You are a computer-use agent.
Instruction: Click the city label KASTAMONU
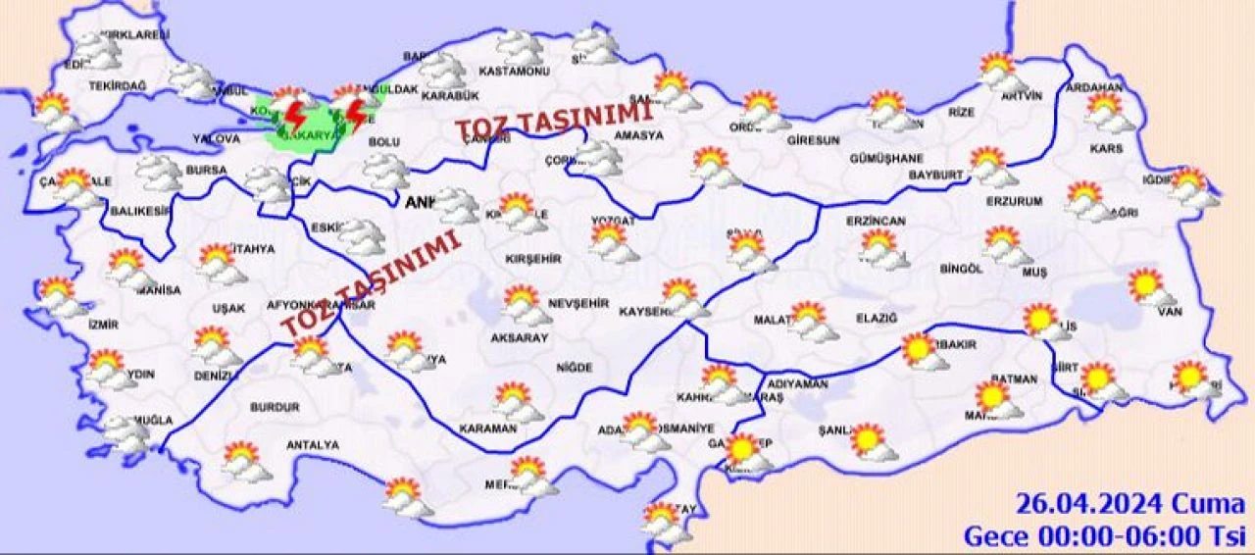pos(514,72)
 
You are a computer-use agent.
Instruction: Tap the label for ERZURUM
pos(1016,202)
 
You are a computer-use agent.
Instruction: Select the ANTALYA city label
pos(313,445)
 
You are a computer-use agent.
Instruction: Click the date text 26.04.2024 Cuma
pos(1129,506)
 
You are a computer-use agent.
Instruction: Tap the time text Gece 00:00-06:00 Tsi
pos(1104,536)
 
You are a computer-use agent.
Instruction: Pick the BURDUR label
pos(275,406)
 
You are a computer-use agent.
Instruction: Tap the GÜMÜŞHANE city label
pos(886,158)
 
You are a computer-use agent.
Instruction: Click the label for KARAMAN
pos(486,429)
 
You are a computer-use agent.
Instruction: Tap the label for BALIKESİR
pos(134,210)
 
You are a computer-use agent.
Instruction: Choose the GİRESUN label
pos(813,140)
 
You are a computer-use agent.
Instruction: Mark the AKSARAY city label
pos(519,337)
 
